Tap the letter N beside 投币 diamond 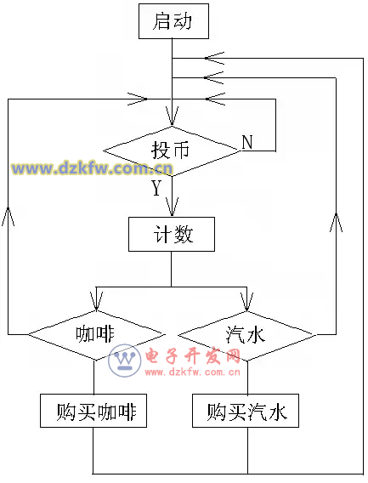247,142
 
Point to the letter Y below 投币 156,188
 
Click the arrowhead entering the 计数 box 172,207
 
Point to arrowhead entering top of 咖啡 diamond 96,301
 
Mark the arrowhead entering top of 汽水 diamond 246,302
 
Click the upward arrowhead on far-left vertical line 8,216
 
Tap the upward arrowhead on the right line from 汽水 336,222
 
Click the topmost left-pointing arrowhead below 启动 214,58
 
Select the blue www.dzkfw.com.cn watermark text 92,168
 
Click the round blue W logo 125,361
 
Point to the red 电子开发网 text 193,356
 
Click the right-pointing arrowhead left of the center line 138,99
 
